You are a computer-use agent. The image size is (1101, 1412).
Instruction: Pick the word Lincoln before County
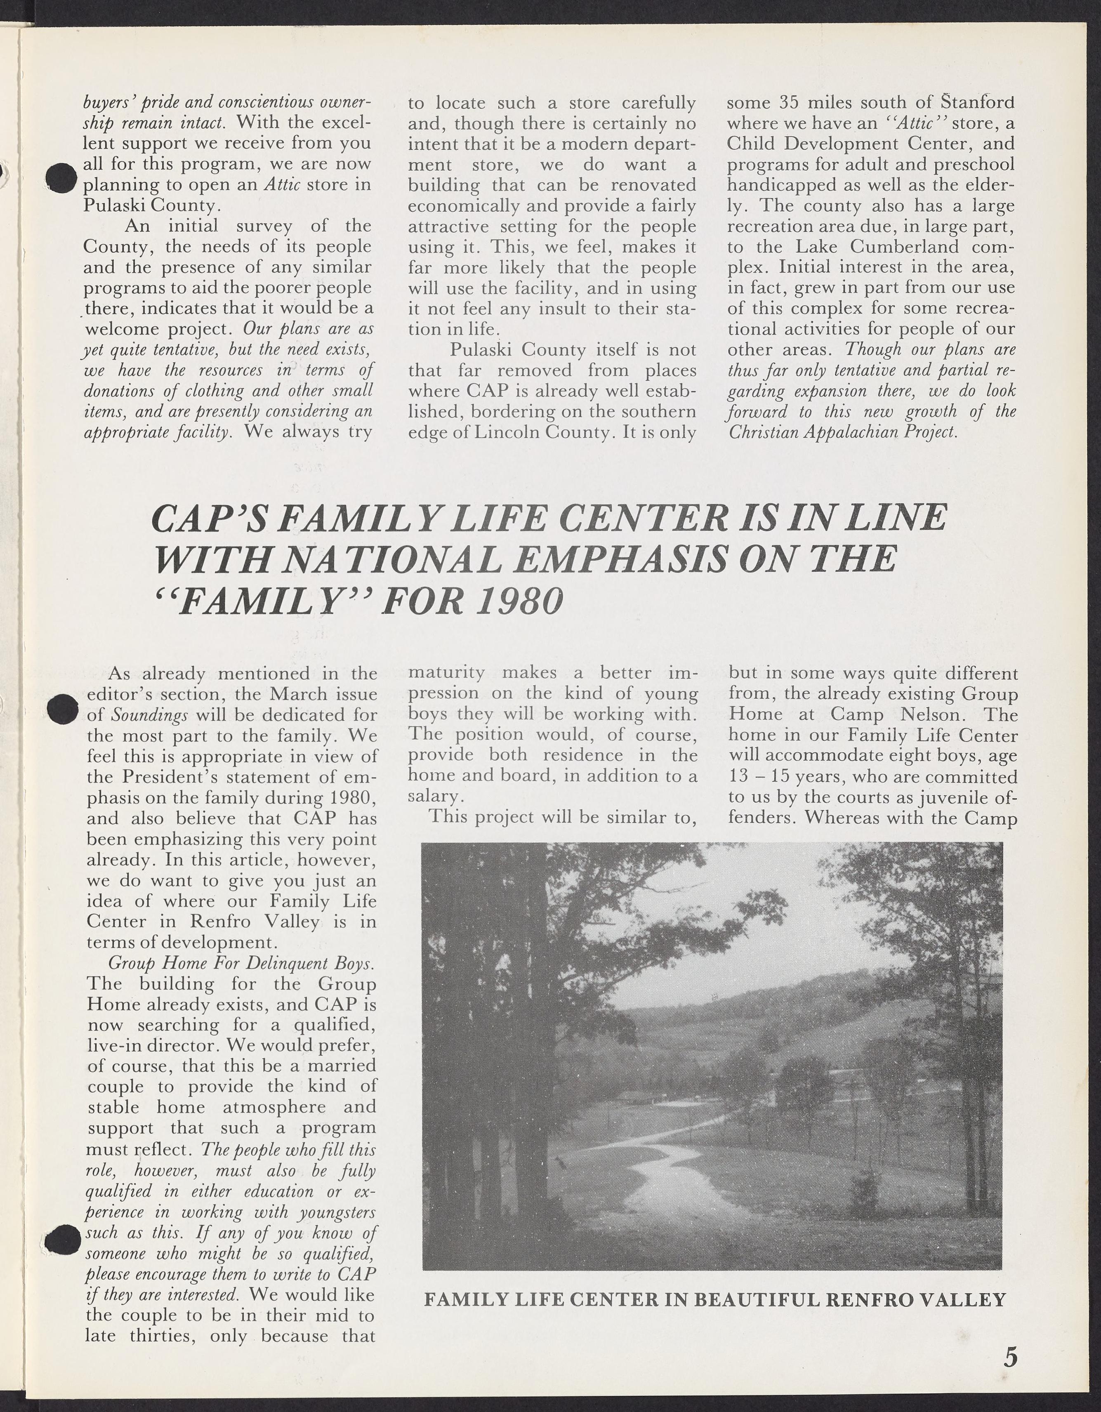tap(510, 432)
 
